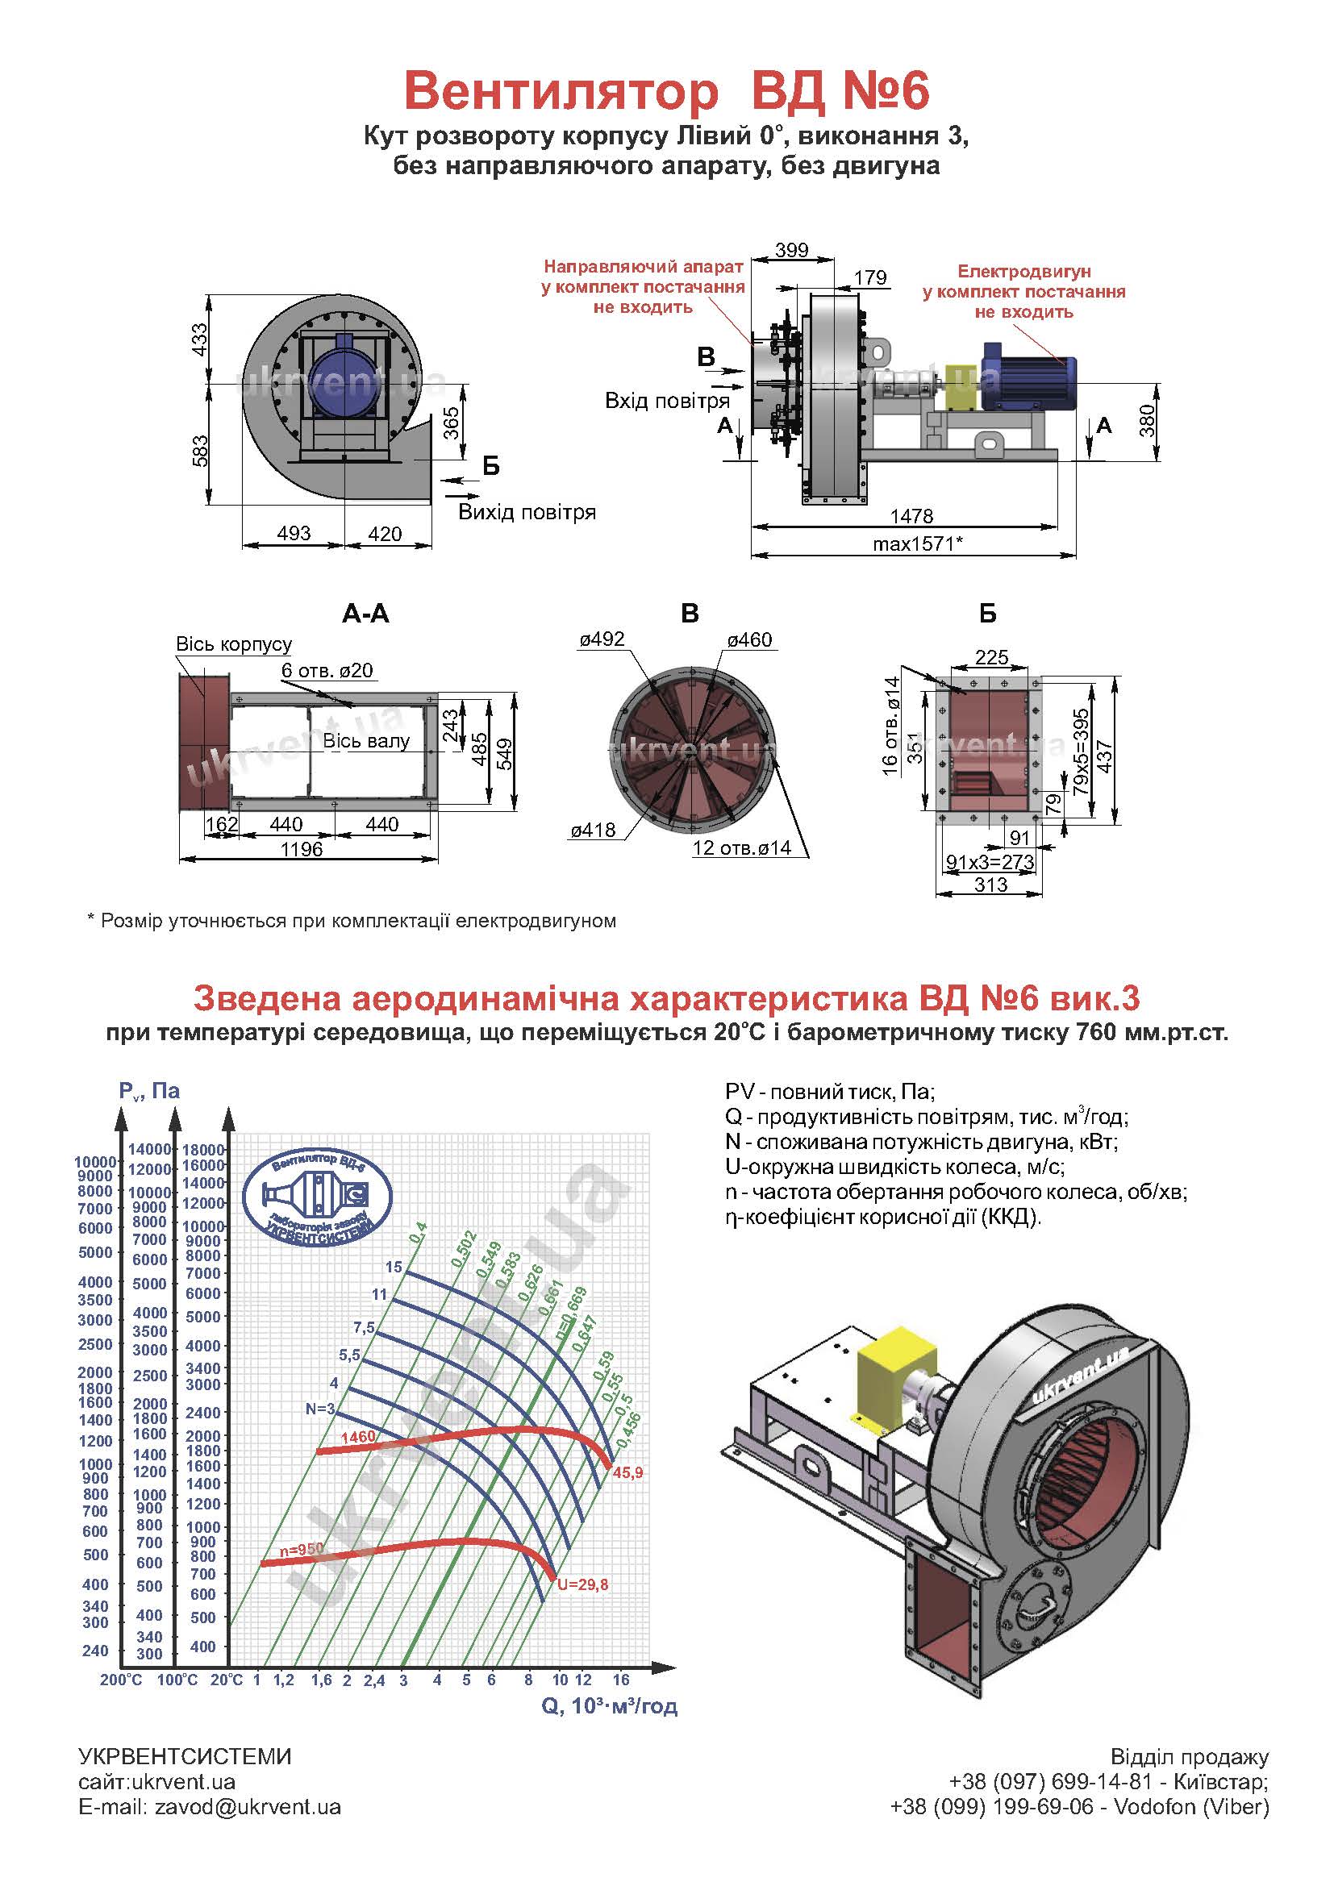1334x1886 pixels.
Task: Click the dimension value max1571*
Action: coord(917,543)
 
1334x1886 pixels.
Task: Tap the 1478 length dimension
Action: coord(912,516)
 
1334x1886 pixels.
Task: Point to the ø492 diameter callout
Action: coord(602,639)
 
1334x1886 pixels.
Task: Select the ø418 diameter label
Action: coord(593,831)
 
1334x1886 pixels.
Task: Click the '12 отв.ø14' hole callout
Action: coord(741,847)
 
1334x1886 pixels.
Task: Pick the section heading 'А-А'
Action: coord(365,614)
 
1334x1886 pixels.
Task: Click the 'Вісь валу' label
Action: coord(366,741)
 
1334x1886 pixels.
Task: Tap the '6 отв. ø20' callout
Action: coord(327,670)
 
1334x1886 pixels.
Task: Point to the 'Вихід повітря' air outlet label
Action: coord(527,513)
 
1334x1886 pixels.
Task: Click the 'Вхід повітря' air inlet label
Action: coord(667,401)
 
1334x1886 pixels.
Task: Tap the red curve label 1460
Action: coord(357,1437)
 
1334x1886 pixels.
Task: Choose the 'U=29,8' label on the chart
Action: coord(582,1584)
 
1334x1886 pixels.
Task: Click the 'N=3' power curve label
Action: coord(320,1409)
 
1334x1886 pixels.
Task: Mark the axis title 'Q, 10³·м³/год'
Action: coord(609,1706)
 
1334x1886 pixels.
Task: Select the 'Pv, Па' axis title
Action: coord(149,1091)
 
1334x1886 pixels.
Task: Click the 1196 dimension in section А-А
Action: coord(302,848)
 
